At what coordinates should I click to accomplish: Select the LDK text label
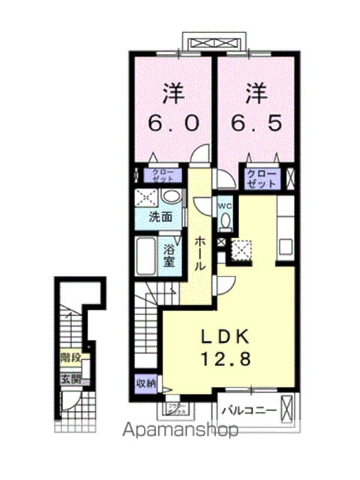pyautogui.click(x=223, y=334)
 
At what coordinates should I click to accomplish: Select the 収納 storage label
pyautogui.click(x=145, y=383)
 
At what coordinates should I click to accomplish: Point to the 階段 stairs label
pyautogui.click(x=71, y=359)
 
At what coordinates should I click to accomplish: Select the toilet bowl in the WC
pyautogui.click(x=225, y=222)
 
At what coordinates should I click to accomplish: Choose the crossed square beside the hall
pyautogui.click(x=242, y=250)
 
